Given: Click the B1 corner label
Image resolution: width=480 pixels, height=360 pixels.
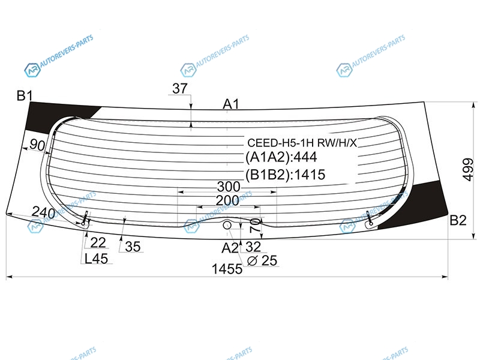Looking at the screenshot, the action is point(25,96).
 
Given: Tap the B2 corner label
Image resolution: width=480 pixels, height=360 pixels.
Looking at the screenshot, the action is point(458,220).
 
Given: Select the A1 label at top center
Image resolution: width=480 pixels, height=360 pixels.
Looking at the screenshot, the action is point(230,104).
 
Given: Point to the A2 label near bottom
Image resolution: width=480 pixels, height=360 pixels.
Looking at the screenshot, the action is point(230,248).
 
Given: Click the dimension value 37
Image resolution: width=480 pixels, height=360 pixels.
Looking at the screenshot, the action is point(179,88).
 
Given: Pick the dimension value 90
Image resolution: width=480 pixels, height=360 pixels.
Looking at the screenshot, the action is point(38,145).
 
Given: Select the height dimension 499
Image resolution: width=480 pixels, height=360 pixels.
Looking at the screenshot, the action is point(468,170).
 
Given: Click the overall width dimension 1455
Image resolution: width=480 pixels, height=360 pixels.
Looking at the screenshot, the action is point(227,269).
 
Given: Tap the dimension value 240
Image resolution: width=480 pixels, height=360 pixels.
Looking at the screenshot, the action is point(43,212).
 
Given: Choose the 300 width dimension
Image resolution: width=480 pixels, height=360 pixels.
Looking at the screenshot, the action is point(229,187).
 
